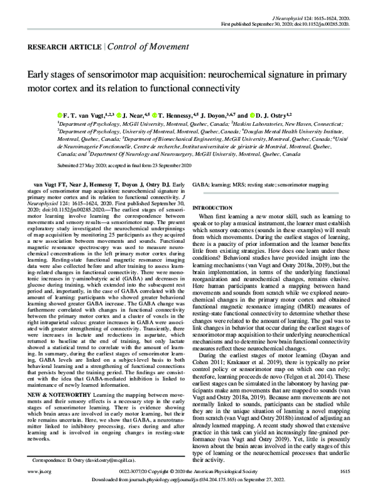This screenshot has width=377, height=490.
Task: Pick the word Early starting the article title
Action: (x=40, y=75)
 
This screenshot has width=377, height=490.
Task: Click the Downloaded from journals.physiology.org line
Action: (x=188, y=481)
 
